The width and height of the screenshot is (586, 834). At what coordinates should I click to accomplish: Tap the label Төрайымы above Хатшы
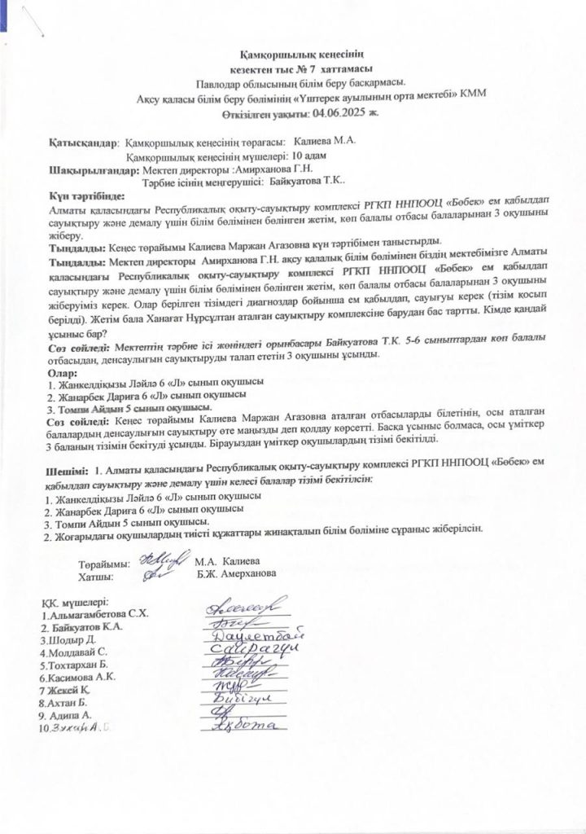(x=103, y=563)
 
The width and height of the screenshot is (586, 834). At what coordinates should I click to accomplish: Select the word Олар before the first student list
(x=63, y=372)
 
